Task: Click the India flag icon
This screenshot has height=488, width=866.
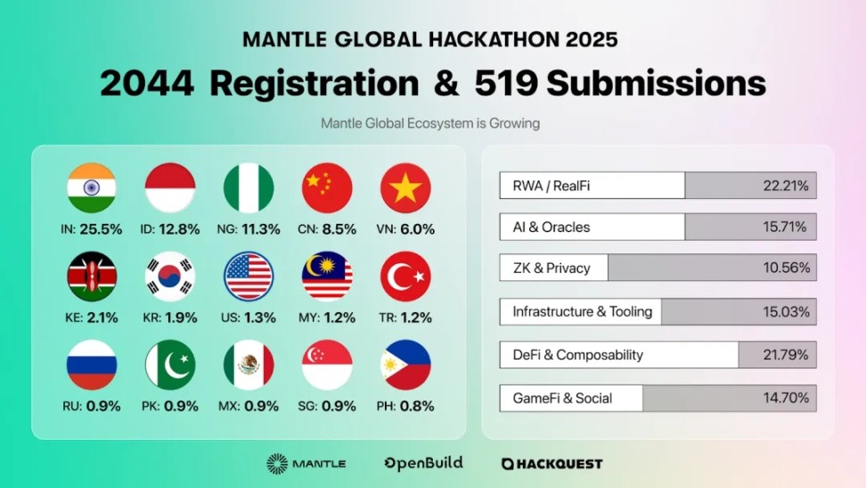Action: [92, 188]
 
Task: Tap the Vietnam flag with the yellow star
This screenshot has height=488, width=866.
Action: [405, 188]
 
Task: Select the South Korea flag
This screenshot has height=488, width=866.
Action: [170, 277]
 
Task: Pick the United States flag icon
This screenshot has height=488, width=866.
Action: [249, 277]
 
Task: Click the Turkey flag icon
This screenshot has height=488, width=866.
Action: [405, 277]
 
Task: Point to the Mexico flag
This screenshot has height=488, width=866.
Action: [249, 365]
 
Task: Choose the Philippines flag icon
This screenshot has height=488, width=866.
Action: [405, 365]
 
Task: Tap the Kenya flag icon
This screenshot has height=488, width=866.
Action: [92, 277]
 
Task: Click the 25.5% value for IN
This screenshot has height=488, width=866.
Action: [101, 229]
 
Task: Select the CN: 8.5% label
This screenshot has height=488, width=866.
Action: [327, 229]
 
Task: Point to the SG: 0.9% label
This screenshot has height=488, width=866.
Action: [327, 406]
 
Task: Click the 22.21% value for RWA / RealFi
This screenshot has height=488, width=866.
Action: [786, 186]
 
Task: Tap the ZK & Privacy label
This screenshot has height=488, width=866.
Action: [551, 269]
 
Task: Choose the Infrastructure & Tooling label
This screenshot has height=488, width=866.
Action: [583, 312]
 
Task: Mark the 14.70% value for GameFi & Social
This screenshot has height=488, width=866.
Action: [786, 398]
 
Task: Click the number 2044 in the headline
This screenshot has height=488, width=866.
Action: [147, 84]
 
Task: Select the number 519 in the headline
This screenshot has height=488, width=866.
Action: [506, 84]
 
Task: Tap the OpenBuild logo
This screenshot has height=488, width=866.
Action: [423, 464]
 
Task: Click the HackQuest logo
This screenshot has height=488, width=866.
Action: [551, 464]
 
